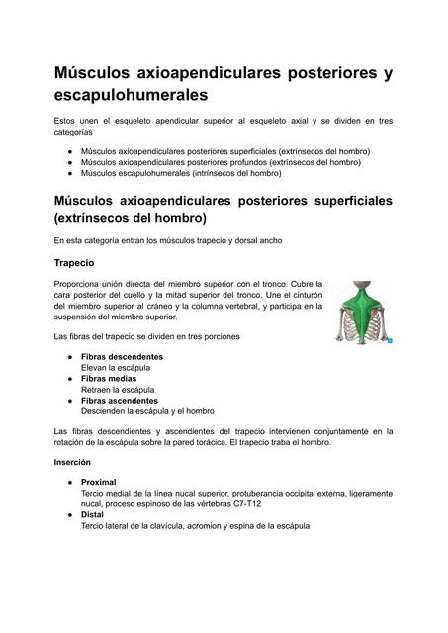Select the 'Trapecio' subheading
point(74,263)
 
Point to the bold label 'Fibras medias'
point(109,378)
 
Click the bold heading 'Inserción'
point(74,462)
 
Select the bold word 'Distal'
point(93,515)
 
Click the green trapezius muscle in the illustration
point(362,311)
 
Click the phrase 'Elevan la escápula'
point(116,367)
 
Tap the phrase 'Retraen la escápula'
point(118,389)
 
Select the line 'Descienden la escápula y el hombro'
point(147,410)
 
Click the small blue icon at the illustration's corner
point(391,341)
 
